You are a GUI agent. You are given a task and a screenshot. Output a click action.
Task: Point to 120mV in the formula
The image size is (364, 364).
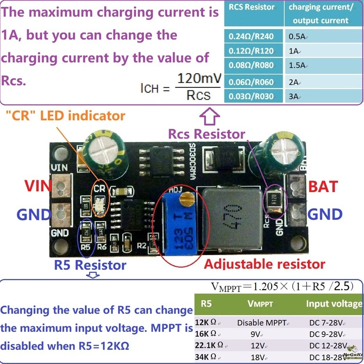[x=198, y=78]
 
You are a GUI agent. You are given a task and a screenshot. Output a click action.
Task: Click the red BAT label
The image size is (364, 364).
[x=323, y=186]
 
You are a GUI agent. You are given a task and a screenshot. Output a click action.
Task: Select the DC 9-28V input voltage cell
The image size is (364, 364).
[x=328, y=334]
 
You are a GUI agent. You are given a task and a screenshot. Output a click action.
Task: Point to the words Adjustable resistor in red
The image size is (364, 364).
[x=265, y=264]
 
